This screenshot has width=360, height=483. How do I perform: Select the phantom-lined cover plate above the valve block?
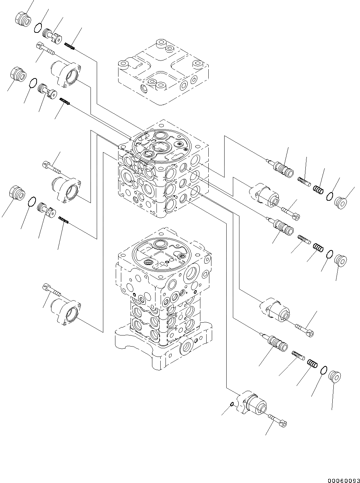point(163,72)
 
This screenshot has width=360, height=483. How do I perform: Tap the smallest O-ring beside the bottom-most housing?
point(232,405)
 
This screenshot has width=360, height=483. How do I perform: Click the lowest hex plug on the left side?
point(16,192)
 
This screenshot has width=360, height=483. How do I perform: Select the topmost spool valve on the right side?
point(281,165)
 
